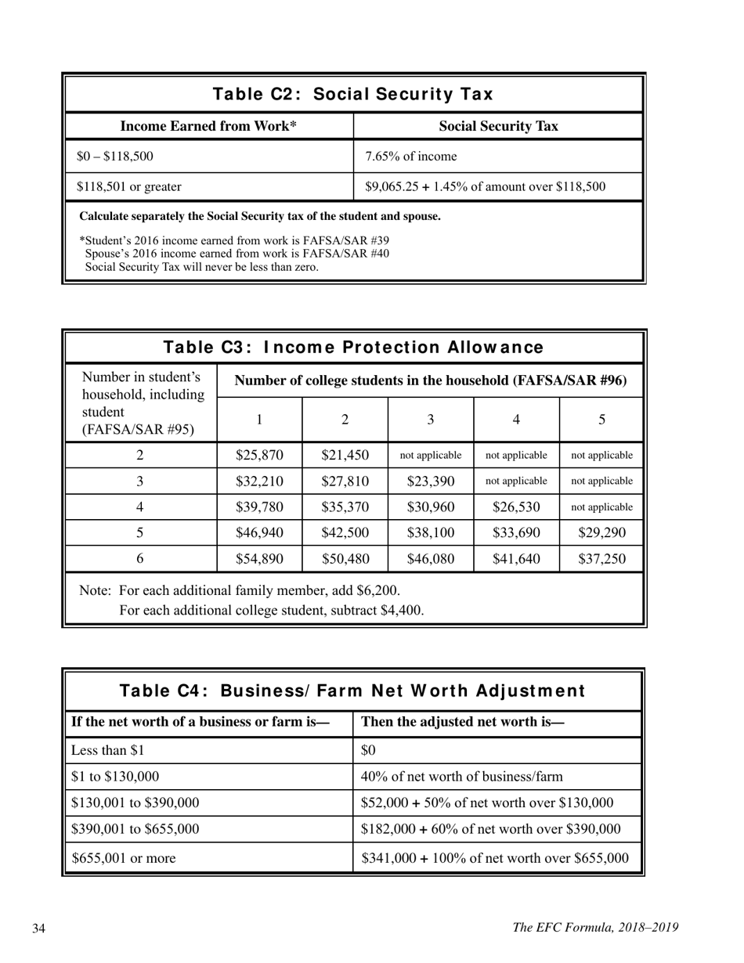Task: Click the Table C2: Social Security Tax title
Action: click(352, 95)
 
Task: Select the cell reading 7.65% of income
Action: click(410, 157)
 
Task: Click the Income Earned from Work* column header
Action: click(208, 127)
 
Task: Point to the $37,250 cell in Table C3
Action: click(601, 558)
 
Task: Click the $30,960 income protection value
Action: click(430, 507)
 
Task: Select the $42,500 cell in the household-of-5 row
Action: click(345, 532)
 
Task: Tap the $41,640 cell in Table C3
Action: click(516, 558)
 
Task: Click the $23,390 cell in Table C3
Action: click(430, 481)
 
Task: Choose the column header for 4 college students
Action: click(516, 420)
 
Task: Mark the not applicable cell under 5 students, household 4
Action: click(601, 507)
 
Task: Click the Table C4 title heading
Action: click(352, 691)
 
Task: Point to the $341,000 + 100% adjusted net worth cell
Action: click(495, 858)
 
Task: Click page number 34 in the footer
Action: click(39, 929)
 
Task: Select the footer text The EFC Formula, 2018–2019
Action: click(595, 928)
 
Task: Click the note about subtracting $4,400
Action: click(271, 610)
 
